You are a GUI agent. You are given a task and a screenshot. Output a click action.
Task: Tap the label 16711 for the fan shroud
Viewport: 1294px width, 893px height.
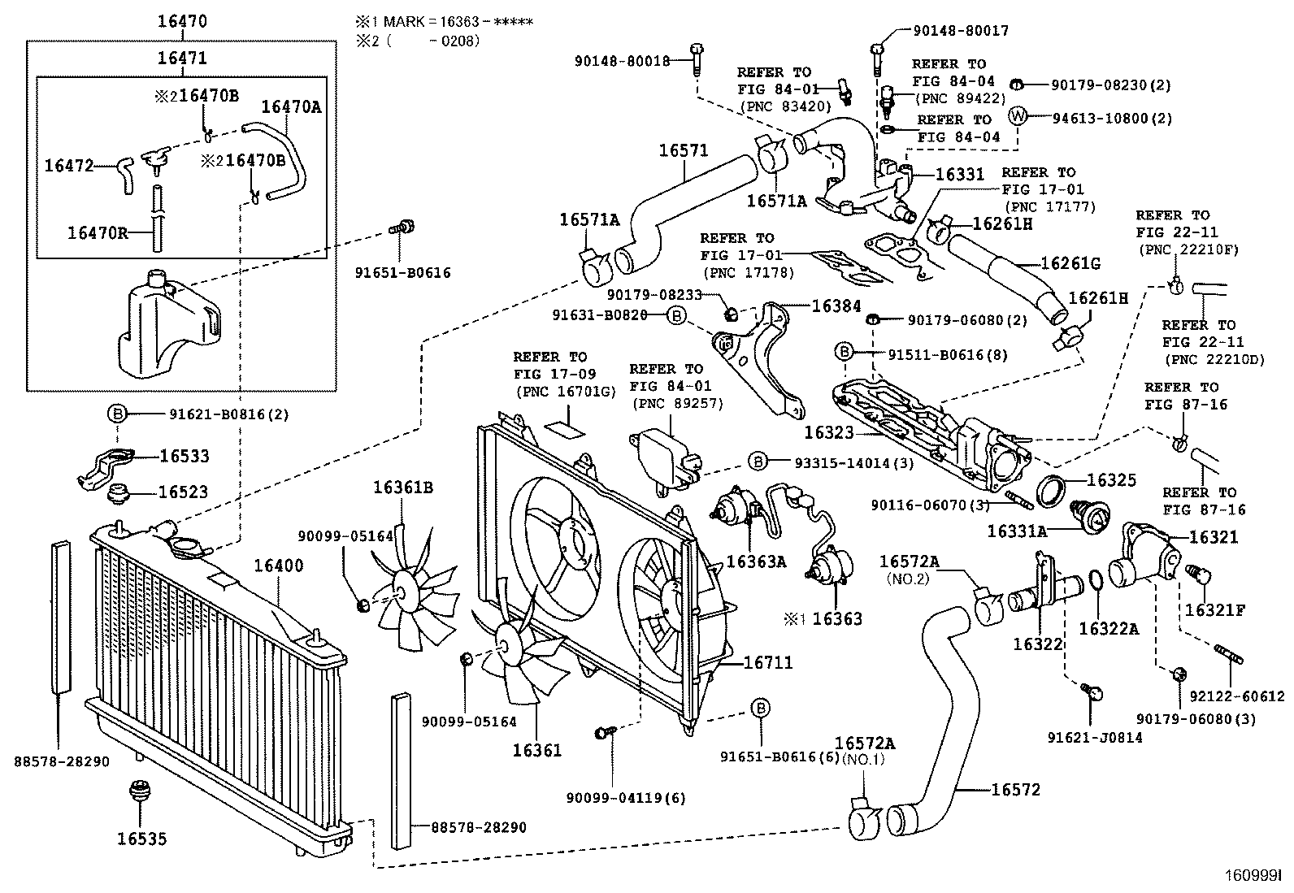tap(767, 664)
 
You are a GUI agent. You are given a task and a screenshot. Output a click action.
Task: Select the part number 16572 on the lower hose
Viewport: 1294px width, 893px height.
tap(1014, 789)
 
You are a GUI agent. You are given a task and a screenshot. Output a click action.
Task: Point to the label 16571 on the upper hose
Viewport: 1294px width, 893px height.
tap(683, 150)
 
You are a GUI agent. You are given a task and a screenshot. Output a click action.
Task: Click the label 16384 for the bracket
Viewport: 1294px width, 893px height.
tap(837, 306)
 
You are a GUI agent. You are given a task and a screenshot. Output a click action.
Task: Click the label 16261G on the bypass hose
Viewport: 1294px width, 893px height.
tap(1070, 264)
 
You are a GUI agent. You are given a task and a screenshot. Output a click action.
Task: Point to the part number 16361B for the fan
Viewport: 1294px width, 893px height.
tap(403, 488)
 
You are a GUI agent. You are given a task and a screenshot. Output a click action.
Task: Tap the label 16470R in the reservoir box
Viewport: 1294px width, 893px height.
tap(98, 232)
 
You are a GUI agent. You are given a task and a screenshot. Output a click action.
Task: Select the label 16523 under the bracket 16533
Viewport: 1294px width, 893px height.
tap(183, 492)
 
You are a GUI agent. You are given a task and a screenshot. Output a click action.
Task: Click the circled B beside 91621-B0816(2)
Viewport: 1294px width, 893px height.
tap(117, 414)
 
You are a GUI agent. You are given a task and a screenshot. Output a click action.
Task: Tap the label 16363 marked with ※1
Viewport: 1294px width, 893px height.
tap(837, 618)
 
